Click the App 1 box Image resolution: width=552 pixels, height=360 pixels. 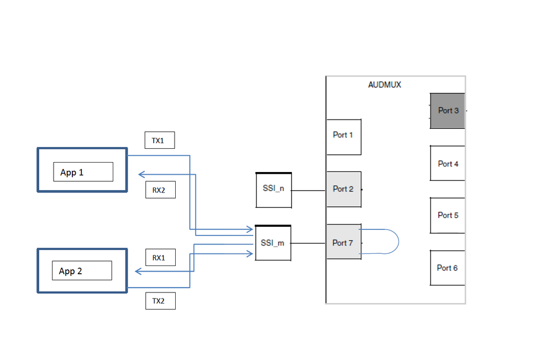point(82,170)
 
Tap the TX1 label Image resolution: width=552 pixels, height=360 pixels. point(159,140)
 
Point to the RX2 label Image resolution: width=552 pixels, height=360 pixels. point(160,190)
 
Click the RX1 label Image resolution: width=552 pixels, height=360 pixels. point(160,258)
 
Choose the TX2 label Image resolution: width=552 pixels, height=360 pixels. point(160,301)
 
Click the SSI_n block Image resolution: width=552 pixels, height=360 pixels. point(274,190)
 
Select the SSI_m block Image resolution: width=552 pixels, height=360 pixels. point(273,243)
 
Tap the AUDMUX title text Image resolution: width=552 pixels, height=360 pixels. point(385,85)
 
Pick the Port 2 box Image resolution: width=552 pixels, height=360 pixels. point(343,189)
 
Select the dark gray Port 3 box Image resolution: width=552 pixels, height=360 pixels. point(448,111)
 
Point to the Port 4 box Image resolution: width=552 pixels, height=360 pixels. point(448,163)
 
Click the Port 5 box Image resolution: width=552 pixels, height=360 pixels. point(448,215)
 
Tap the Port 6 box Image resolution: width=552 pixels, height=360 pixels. point(447,268)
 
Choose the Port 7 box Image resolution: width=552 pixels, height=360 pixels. point(343,243)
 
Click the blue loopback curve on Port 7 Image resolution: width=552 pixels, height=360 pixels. point(398,242)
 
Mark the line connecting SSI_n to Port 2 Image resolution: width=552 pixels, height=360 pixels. point(308,191)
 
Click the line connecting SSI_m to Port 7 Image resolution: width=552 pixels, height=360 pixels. point(308,243)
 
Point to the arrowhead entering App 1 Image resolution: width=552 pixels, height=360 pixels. point(141,174)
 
